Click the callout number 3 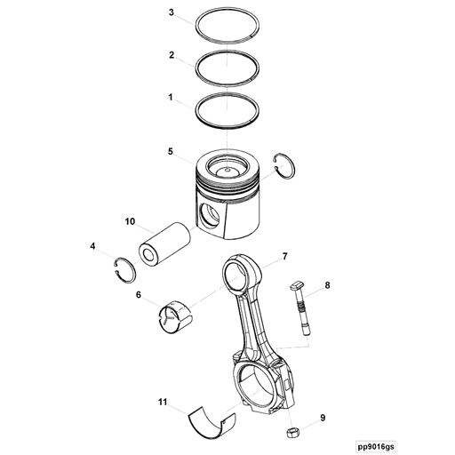coord(172,13)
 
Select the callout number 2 coord(172,54)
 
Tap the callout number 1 coord(172,95)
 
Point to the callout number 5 coord(170,152)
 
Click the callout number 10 coord(130,221)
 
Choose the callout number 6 coord(139,295)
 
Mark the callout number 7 coord(284,257)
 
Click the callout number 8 coord(326,285)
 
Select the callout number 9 coord(323,417)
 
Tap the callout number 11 coord(162,402)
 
